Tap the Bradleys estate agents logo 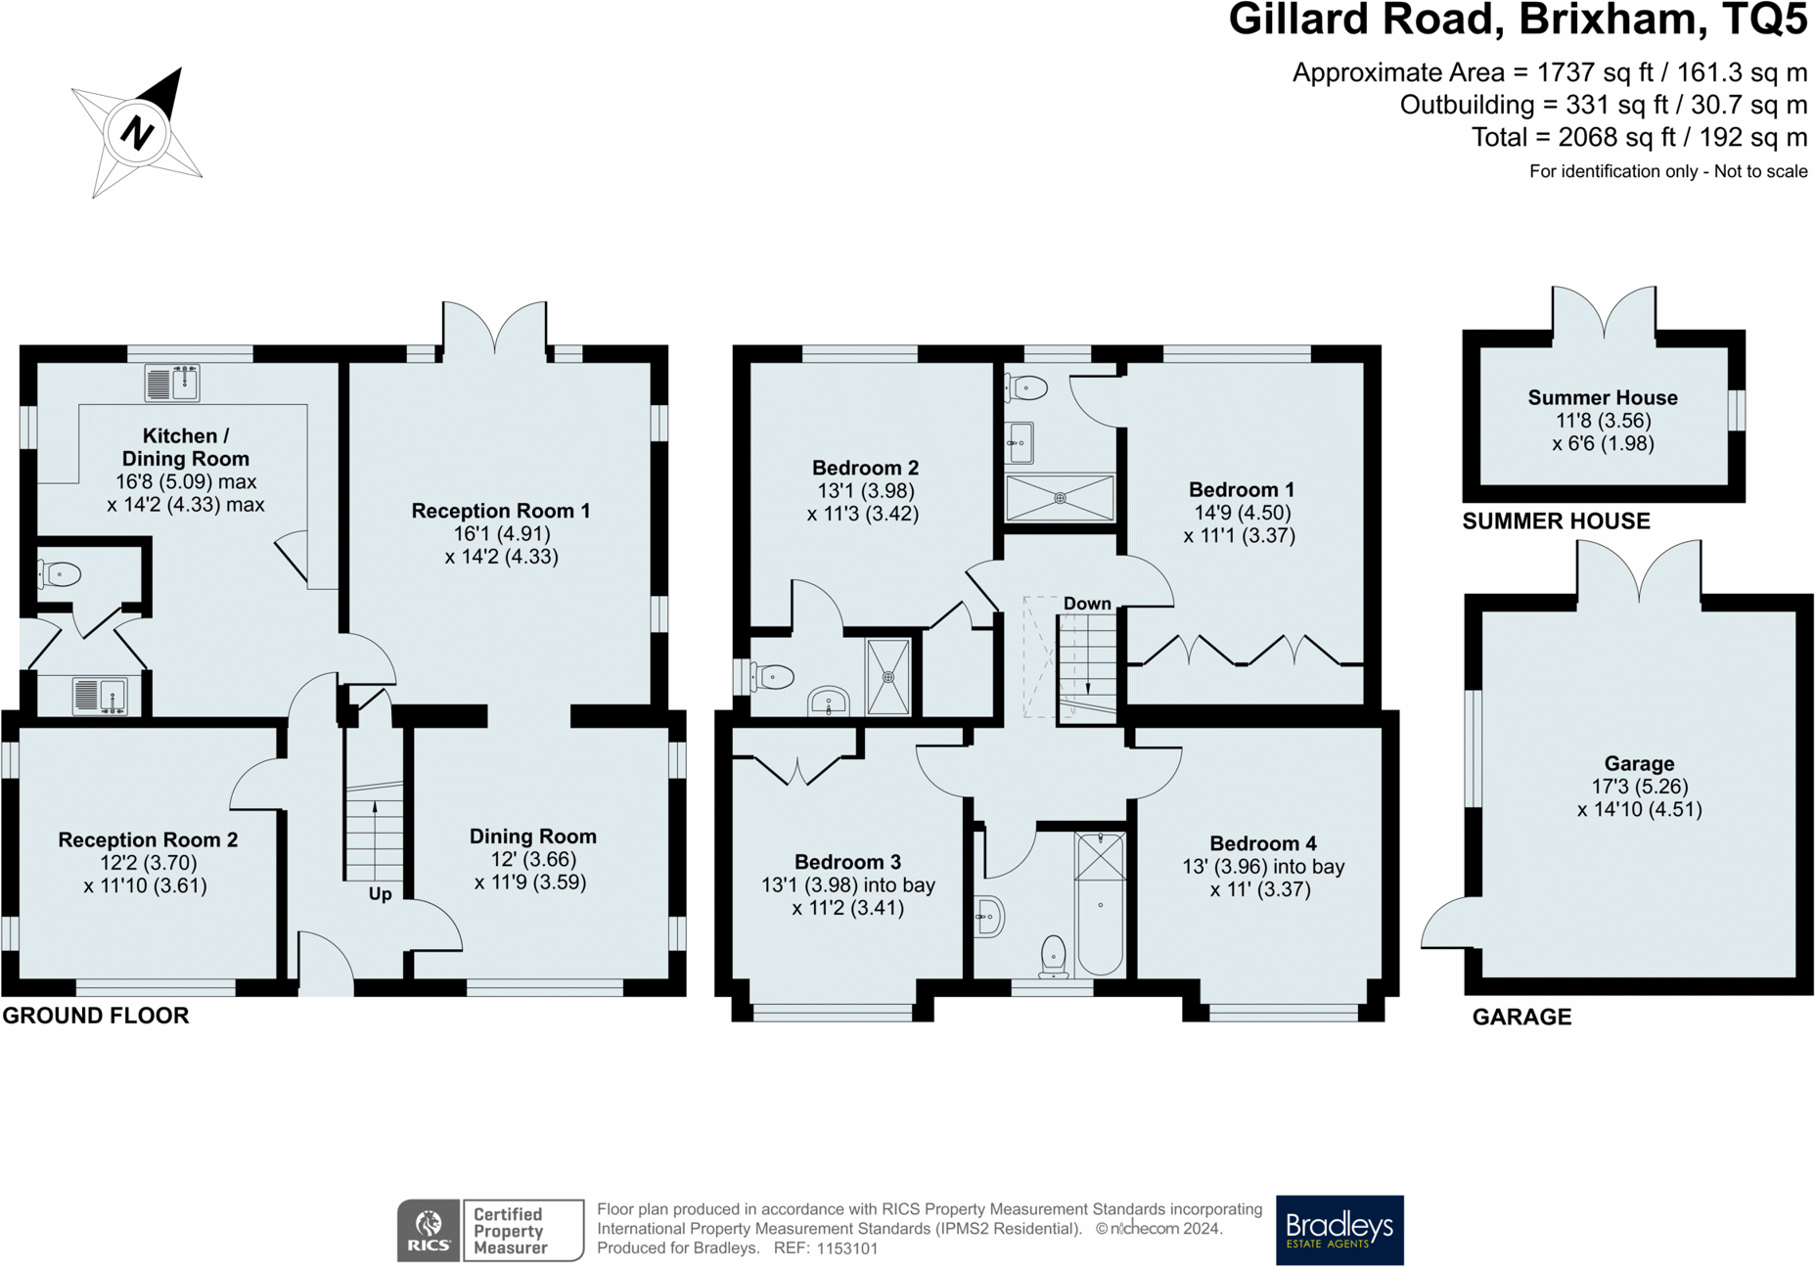tap(1339, 1229)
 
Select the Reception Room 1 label tap(500, 511)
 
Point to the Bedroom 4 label tap(1262, 843)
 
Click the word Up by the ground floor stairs tap(380, 893)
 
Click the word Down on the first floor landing tap(1087, 604)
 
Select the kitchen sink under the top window tap(172, 383)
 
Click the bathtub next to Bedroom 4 tap(1100, 905)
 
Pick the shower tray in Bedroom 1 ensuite tap(1060, 498)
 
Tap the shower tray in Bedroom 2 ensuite tap(888, 676)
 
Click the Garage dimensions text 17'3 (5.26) tap(1639, 787)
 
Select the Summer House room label tap(1602, 397)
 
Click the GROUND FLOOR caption tap(96, 1016)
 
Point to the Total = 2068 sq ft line tap(1638, 137)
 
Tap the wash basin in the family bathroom tap(989, 917)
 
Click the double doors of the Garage tap(1638, 572)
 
